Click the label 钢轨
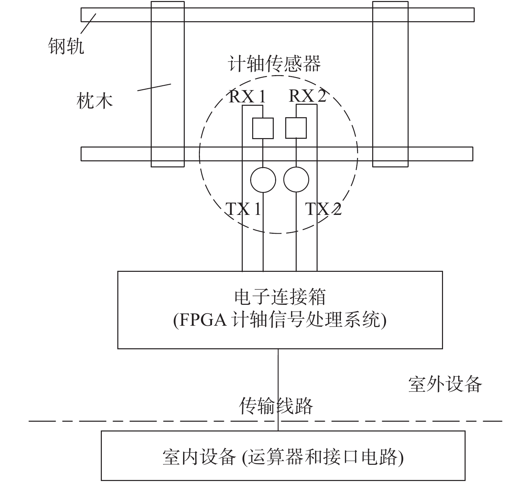(66, 46)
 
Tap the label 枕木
(94, 101)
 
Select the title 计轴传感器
(274, 64)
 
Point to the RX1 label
(247, 97)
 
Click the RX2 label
(307, 96)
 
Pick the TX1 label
(243, 209)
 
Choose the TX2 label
(323, 209)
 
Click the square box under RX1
(263, 128)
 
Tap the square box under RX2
(296, 128)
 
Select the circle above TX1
(263, 180)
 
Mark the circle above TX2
(296, 180)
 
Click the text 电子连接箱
(280, 297)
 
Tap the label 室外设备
(445, 384)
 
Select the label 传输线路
(276, 406)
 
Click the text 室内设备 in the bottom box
(199, 457)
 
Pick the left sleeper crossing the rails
(168, 84)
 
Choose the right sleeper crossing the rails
(390, 84)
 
